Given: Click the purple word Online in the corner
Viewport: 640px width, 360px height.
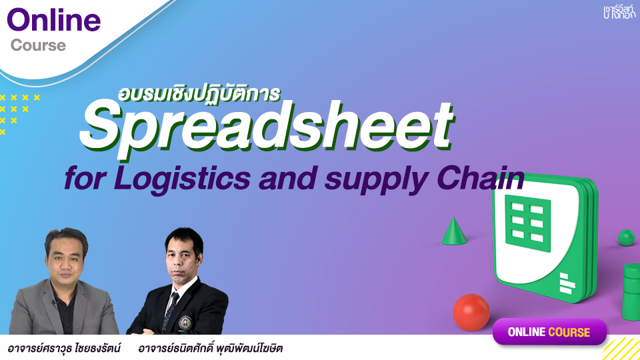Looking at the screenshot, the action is coord(53,20).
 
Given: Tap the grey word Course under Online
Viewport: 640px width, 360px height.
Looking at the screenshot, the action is coord(38,45).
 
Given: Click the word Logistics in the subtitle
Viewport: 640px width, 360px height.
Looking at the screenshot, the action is coord(182,179).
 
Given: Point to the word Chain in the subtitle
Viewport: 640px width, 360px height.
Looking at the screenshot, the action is coord(481,178).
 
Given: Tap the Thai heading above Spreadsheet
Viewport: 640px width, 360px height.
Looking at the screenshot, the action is coord(199,93).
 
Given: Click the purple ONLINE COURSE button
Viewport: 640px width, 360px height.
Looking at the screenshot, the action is coord(549,332).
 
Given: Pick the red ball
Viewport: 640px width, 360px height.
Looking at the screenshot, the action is coord(471,312).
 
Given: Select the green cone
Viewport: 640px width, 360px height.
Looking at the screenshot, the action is coord(454,231).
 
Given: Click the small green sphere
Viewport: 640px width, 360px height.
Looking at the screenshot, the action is coord(626,237).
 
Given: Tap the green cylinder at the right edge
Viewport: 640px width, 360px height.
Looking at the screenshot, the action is coord(631,291).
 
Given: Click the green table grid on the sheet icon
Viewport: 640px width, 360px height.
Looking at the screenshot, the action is coord(528,223).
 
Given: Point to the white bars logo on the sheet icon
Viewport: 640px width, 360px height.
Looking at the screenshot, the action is coord(567,283).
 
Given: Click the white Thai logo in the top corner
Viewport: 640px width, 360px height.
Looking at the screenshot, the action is coord(619,12).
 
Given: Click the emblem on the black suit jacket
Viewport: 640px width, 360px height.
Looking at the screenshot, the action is coord(185,323).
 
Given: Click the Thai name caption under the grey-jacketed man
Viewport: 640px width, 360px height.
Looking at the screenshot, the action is coord(64,348).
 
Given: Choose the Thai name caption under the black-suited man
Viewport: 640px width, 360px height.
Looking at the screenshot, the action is coord(210,348).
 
